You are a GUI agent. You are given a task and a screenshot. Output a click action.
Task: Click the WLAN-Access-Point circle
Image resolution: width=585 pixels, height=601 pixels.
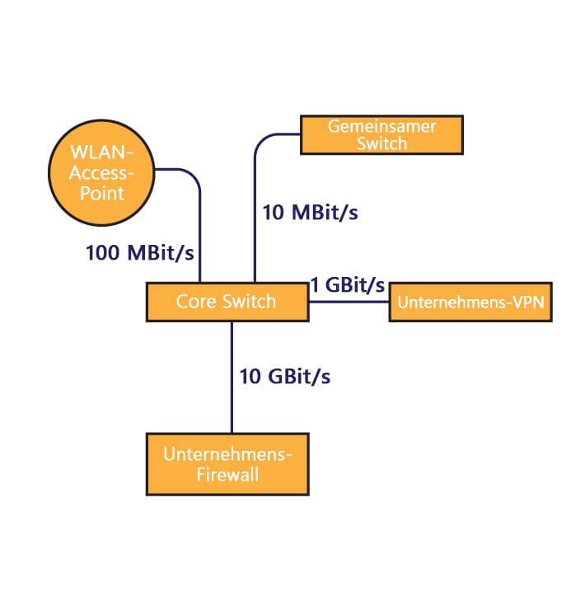click(101, 174)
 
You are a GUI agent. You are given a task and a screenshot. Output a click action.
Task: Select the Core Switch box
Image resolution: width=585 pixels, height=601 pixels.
click(227, 302)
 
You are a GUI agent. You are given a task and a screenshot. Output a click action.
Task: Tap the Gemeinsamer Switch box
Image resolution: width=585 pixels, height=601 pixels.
click(381, 134)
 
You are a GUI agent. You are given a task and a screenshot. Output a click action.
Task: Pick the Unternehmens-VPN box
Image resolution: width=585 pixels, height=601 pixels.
click(470, 302)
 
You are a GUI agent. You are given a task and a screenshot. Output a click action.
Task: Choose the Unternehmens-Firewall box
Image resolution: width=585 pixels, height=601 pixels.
click(227, 464)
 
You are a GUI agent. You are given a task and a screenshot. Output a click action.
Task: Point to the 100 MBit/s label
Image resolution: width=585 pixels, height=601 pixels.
click(140, 252)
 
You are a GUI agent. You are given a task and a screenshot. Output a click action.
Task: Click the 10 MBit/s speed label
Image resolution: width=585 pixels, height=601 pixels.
click(310, 212)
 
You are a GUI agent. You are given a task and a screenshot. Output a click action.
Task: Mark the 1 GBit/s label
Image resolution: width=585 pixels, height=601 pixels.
click(348, 285)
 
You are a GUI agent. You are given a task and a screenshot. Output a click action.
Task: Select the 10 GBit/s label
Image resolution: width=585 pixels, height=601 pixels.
click(285, 376)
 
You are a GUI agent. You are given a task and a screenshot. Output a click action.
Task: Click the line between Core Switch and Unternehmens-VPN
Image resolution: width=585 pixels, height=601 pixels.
click(349, 302)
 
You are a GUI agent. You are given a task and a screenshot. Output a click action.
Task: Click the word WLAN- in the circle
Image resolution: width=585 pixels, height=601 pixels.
click(101, 154)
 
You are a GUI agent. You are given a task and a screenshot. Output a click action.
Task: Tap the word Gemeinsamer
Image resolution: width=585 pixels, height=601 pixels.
click(381, 126)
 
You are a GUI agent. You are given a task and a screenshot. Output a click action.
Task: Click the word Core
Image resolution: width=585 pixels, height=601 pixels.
click(194, 302)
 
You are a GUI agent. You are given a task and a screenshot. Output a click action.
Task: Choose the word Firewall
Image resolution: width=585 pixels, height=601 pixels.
click(227, 474)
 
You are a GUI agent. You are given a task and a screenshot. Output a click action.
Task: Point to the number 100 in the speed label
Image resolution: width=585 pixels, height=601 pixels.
click(102, 252)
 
